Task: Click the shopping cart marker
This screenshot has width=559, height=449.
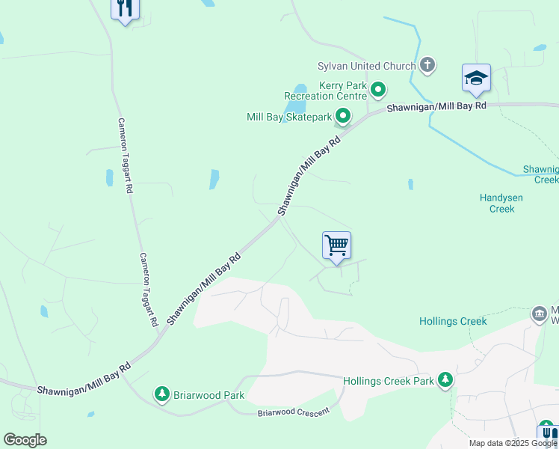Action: point(336,245)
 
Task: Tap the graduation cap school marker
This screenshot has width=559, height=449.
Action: point(476,78)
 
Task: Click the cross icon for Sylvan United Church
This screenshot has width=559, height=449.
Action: point(427,65)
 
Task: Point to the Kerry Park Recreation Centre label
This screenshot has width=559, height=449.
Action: point(325,91)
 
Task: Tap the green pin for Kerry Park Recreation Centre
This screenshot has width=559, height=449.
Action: point(378,91)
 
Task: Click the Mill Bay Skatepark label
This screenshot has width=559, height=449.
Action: point(288,117)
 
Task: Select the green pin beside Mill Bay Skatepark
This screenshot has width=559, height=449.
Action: point(342,116)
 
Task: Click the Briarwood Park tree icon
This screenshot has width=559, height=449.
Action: point(161,394)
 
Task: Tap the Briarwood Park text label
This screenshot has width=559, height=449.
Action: point(209,394)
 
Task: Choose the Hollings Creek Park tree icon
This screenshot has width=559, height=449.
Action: point(445,380)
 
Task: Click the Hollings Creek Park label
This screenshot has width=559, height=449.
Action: point(389,381)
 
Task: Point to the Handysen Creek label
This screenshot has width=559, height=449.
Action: point(502,204)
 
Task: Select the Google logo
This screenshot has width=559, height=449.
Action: point(25,440)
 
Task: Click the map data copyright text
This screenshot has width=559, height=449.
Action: point(512,443)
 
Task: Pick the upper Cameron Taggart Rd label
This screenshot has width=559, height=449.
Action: point(124,156)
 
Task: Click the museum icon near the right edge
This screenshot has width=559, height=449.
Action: point(539,314)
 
